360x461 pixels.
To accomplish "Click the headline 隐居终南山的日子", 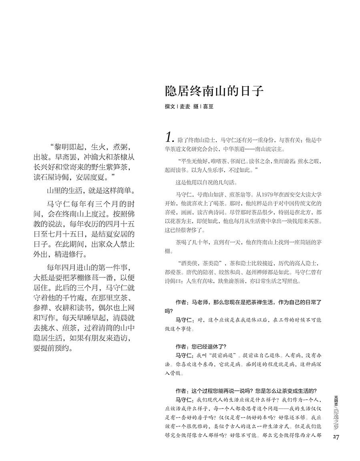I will click(214, 91).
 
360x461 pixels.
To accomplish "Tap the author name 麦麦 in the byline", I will click(185, 107).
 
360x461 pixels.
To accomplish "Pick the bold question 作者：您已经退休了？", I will click(201, 346).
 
